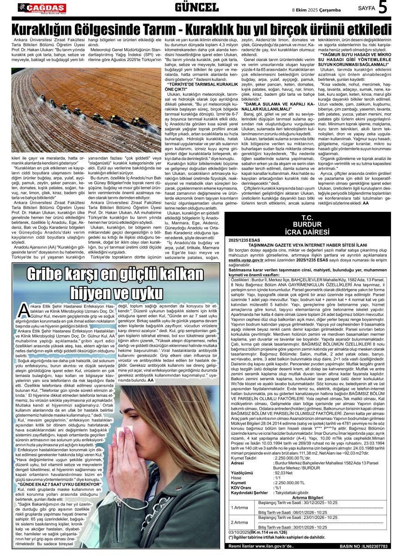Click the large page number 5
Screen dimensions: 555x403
pos(383,8)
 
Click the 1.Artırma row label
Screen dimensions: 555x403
pos(239,507)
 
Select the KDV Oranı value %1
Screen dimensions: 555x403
pos(277,487)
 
